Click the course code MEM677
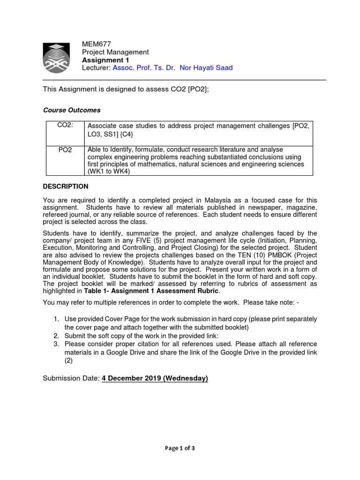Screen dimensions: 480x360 click(97, 45)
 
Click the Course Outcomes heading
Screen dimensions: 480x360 click(72, 110)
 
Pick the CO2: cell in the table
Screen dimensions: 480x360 click(65, 125)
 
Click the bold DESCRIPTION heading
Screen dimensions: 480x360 click(66, 186)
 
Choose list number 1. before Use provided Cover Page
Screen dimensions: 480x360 click(56, 319)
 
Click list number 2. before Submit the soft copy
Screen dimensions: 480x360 click(56, 336)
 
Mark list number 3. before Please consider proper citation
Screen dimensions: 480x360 click(56, 344)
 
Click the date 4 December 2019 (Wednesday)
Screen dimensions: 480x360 click(155, 378)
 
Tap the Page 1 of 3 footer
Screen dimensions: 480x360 click(180, 448)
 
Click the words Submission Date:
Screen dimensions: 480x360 click(71, 378)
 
